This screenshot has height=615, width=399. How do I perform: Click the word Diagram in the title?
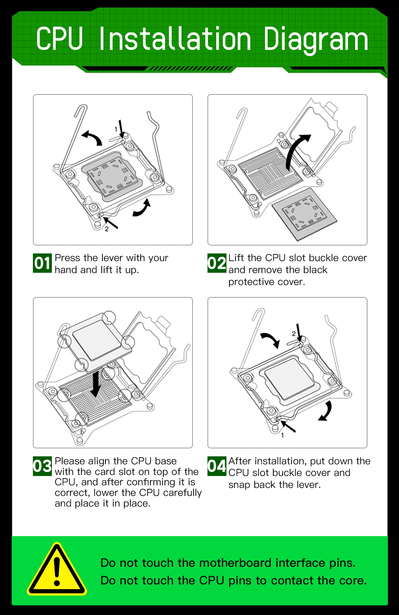point(316,40)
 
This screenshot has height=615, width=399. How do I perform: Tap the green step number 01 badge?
point(42,263)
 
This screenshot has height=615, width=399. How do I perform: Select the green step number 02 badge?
point(217,263)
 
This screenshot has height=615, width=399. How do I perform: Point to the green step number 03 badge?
point(42,466)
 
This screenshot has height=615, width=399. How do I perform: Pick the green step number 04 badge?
point(217,466)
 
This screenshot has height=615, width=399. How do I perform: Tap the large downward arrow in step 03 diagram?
point(96,384)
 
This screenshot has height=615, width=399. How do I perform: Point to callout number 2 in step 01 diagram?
point(107,229)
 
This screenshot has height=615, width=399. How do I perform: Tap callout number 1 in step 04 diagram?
point(283,435)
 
